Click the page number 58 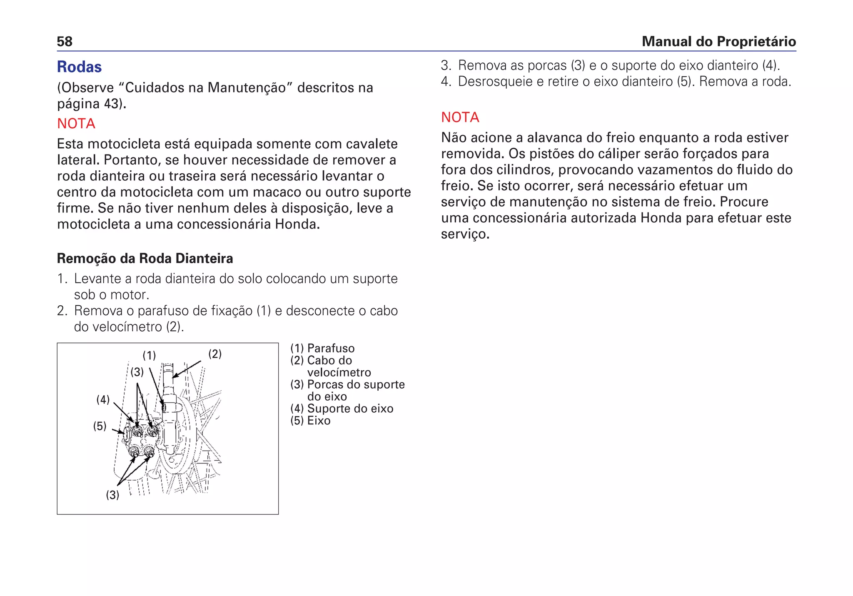65,42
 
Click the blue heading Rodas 79,67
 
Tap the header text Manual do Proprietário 718,42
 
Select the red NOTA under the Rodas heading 76,124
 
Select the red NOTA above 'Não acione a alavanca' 460,117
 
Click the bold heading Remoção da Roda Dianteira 145,259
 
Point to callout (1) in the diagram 149,356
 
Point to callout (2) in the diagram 215,354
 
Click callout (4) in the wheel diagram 103,400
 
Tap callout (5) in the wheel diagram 100,426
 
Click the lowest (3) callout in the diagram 112,495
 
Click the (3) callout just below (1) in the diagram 137,372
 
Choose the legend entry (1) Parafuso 322,349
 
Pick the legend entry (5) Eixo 310,421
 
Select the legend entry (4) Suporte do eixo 342,409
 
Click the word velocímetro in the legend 339,372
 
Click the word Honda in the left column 297,224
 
